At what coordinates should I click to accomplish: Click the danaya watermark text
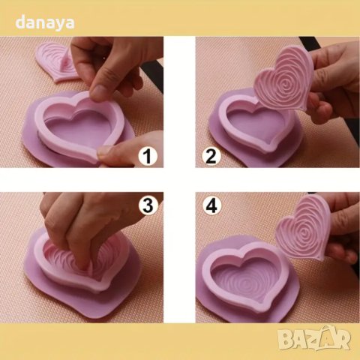(x=45, y=23)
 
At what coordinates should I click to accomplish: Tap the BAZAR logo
(x=314, y=337)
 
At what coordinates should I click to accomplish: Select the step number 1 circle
(x=148, y=157)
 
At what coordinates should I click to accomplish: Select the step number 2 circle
(x=211, y=157)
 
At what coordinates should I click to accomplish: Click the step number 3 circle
(x=148, y=205)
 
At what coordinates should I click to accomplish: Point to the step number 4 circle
(x=211, y=205)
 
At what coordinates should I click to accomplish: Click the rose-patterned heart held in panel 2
(x=283, y=81)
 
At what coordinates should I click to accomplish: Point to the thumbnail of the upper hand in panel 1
(x=98, y=91)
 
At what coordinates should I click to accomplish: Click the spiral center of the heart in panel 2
(x=286, y=85)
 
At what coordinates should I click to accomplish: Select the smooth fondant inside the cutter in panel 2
(x=255, y=125)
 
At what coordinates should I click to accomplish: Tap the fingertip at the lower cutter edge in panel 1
(x=104, y=151)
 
